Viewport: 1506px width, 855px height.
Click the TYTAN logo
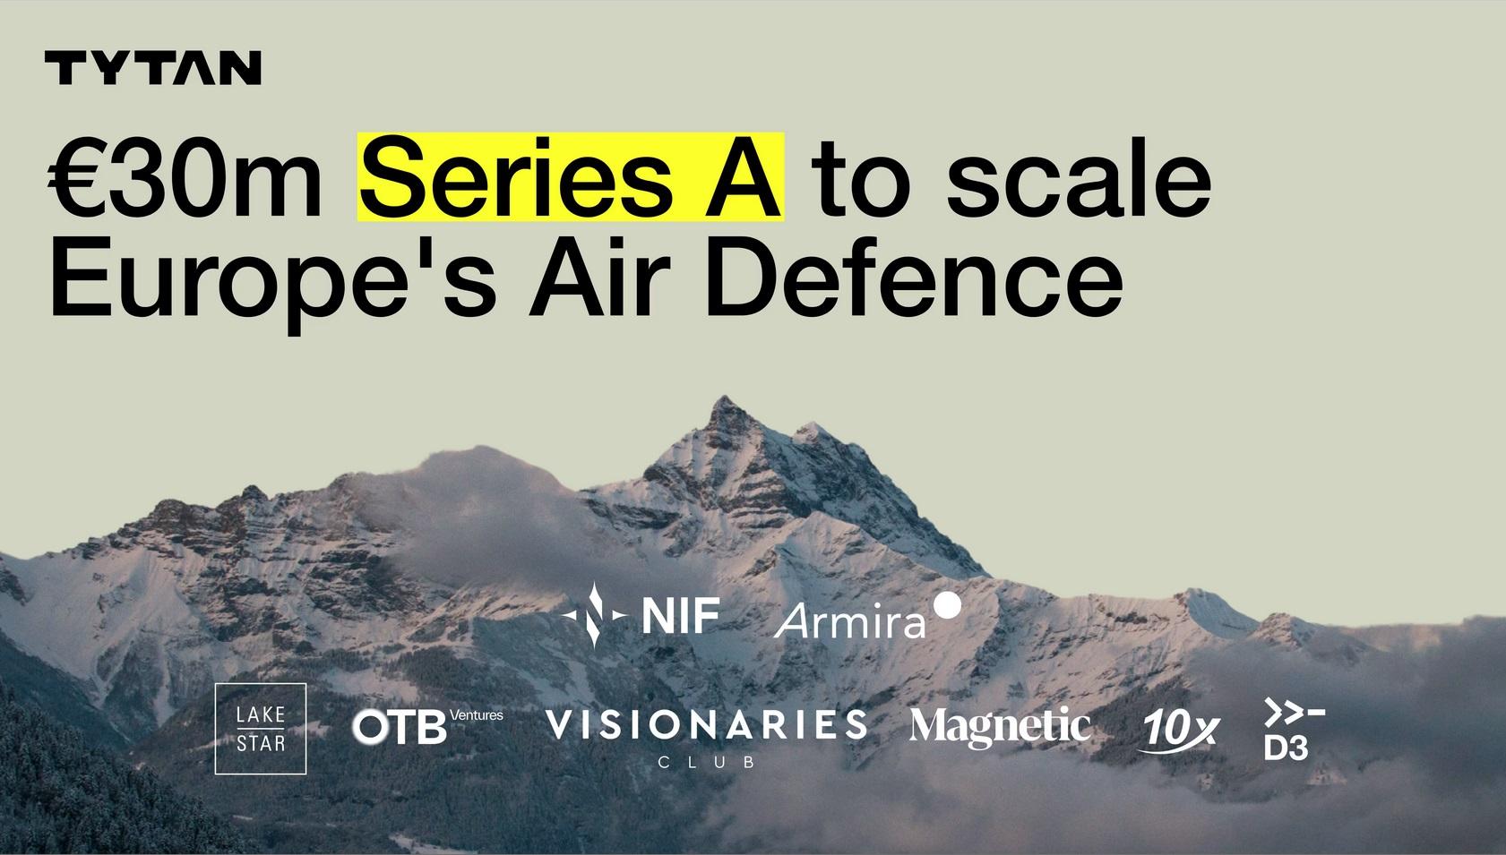152,68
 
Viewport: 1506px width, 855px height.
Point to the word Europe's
273,278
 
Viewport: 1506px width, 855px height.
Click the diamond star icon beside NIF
594,614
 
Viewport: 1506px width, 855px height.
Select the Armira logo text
850,622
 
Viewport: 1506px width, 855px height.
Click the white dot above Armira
948,605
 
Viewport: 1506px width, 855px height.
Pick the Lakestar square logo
260,729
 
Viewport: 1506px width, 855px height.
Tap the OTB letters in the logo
400,727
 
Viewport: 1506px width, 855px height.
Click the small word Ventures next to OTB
476,714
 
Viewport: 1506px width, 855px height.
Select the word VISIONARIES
706,724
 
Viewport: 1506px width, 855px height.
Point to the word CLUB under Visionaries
706,762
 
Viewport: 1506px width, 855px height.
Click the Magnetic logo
1000,727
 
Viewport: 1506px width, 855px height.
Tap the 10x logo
1179,730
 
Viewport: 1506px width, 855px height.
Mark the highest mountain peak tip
724,397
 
